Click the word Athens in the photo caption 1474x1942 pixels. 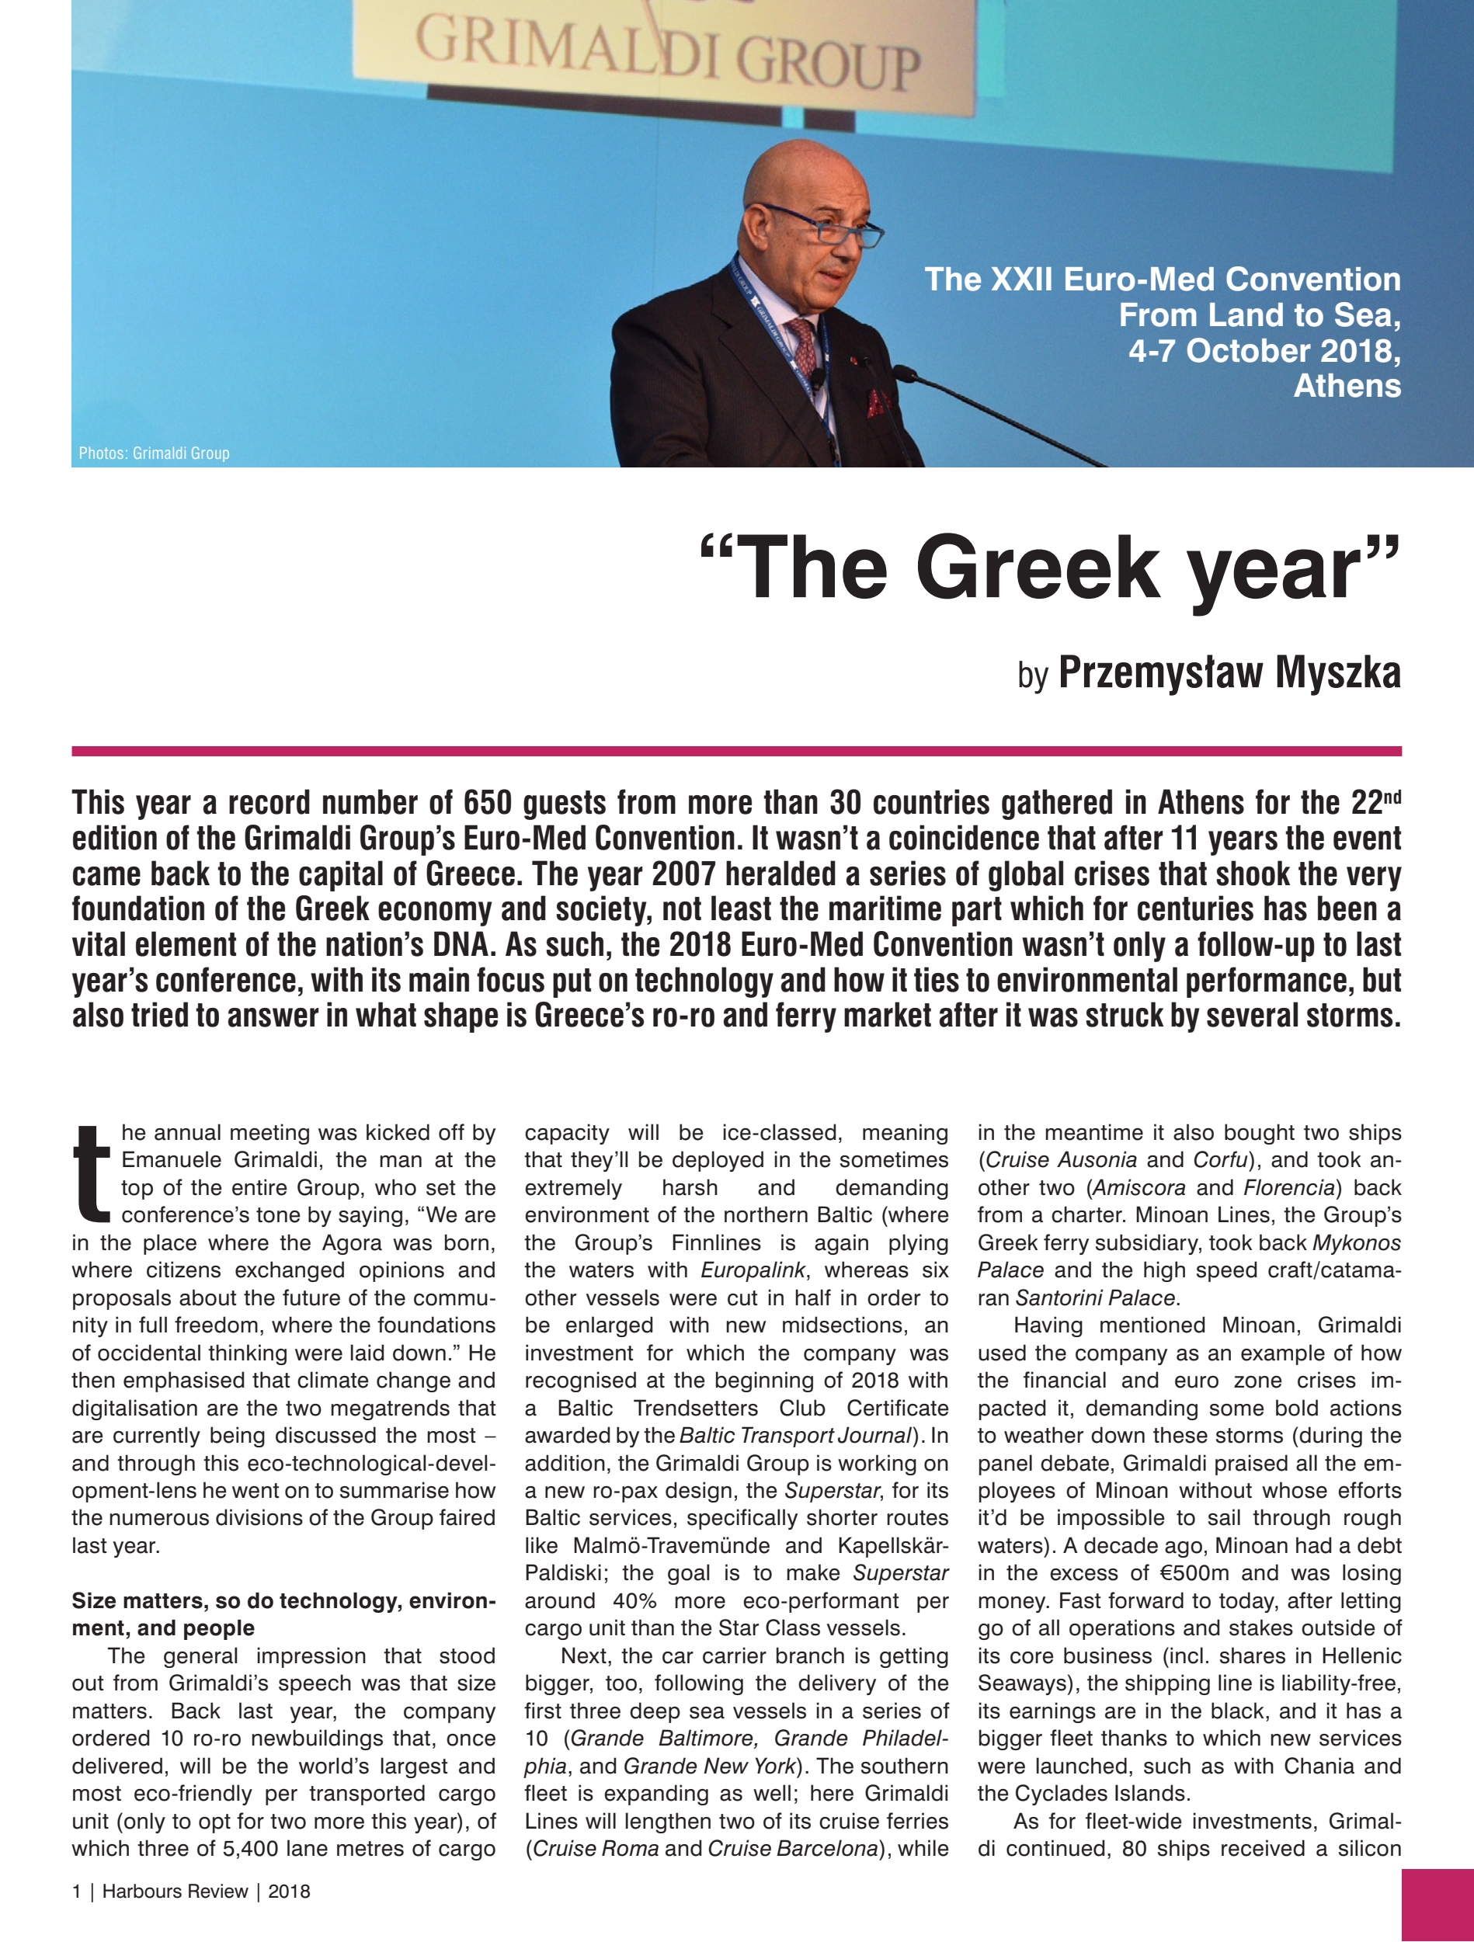click(1347, 385)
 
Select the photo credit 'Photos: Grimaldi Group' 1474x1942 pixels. click(154, 453)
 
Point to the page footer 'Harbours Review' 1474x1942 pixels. click(175, 1891)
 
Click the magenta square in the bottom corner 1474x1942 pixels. click(1437, 1906)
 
